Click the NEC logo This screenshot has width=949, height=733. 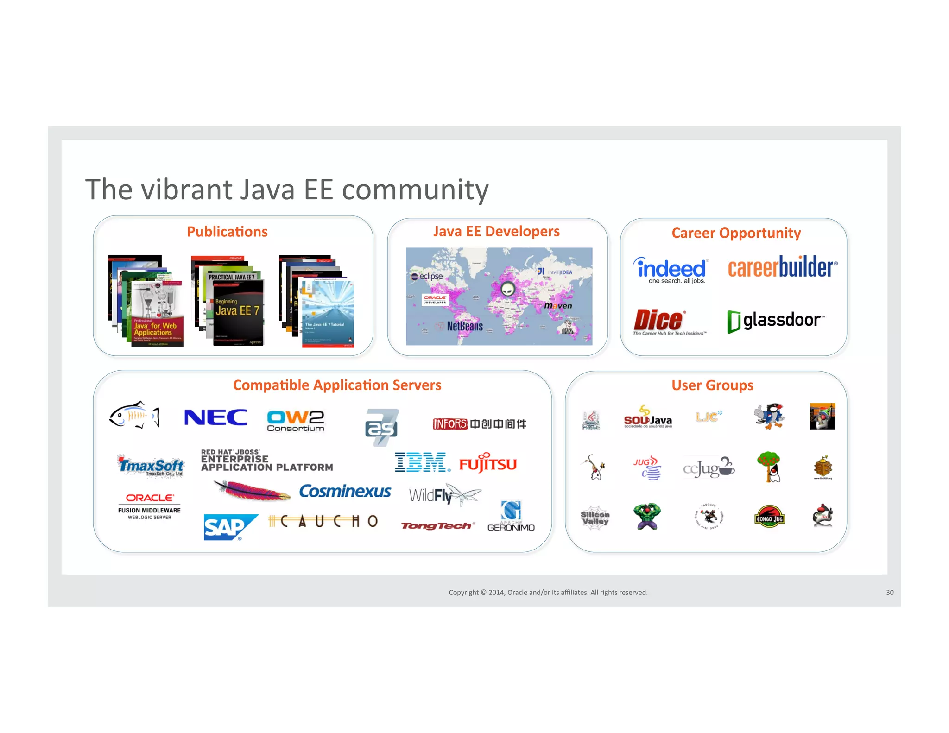point(215,417)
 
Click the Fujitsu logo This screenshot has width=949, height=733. point(488,463)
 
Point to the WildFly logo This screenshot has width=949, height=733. point(444,495)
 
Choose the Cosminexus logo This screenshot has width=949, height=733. point(345,491)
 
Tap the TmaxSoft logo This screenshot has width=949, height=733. point(151,465)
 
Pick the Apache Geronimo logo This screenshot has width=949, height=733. point(511,517)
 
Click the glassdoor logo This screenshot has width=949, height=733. point(776,321)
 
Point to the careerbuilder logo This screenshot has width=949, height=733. point(782,267)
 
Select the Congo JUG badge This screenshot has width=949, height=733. point(769,517)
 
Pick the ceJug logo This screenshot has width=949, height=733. point(709,468)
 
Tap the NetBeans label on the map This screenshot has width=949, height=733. point(464,326)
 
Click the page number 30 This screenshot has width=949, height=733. point(890,592)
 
